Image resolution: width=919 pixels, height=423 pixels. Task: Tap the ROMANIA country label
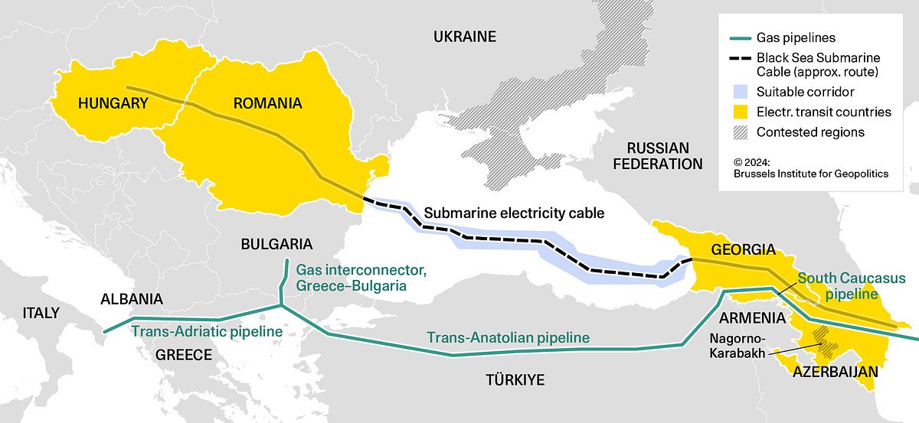click(x=267, y=102)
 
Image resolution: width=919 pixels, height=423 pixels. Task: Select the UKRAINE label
click(x=464, y=37)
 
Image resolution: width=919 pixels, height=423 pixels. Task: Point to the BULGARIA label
click(x=276, y=244)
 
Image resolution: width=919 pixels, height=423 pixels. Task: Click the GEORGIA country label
click(x=743, y=249)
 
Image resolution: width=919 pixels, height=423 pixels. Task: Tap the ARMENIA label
click(x=751, y=317)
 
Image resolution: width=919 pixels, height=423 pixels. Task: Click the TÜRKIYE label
click(x=514, y=380)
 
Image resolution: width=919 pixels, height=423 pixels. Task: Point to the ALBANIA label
click(x=132, y=299)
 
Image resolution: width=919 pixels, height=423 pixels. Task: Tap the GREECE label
click(x=183, y=355)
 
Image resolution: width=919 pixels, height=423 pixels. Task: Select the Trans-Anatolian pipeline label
click(x=508, y=337)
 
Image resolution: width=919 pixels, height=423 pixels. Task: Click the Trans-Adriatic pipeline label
click(x=207, y=331)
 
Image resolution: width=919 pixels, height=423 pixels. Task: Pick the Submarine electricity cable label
click(x=514, y=213)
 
